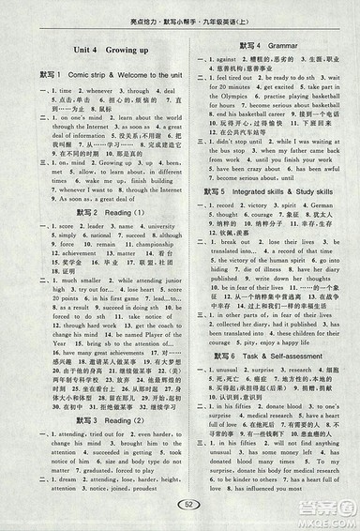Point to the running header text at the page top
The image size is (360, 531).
[179, 11]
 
